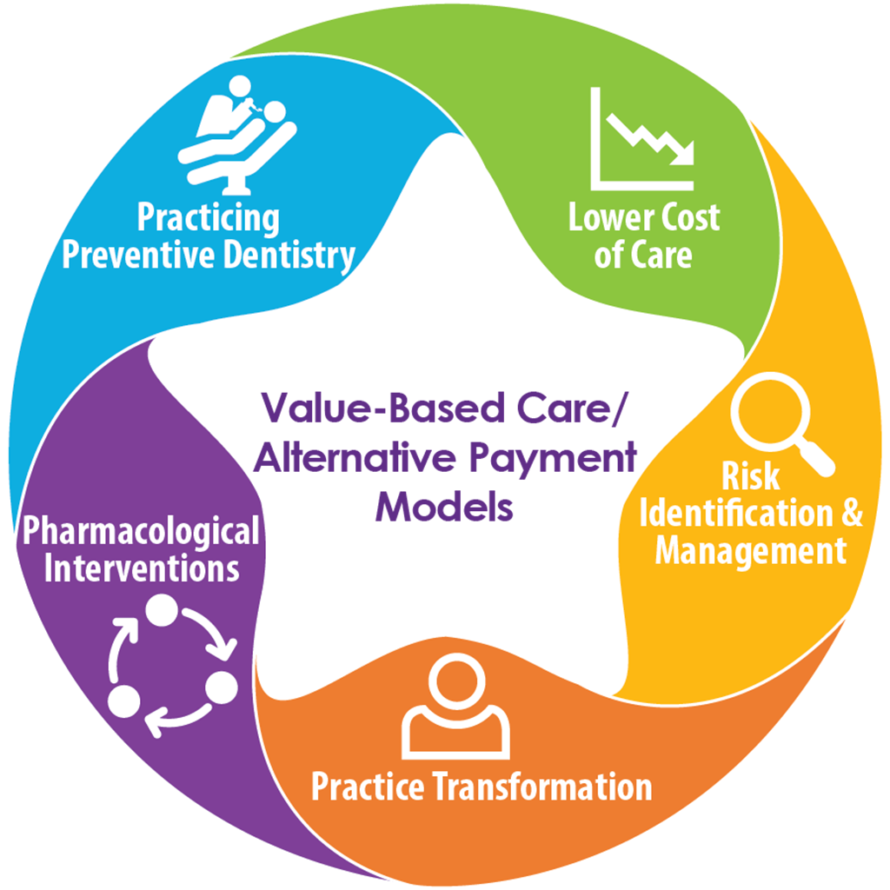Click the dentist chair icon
236,135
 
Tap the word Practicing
209,217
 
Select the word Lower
608,217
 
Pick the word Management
750,550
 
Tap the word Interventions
142,569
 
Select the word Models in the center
444,507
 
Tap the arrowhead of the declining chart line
687,156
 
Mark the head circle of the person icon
455,681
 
